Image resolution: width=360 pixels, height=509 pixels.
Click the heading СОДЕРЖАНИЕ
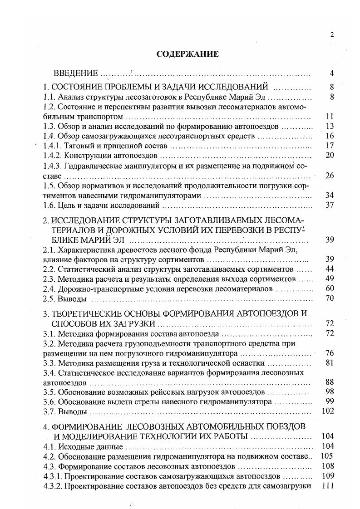187,54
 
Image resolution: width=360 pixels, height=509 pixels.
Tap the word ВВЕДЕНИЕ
76,73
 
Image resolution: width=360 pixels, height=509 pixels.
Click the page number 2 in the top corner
332,34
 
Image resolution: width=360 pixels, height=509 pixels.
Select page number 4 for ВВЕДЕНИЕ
332,73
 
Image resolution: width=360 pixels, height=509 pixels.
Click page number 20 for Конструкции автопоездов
330,156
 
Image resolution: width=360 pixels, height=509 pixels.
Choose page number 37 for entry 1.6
330,206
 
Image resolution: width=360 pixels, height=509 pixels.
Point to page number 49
330,279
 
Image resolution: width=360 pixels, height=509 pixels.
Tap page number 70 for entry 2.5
330,299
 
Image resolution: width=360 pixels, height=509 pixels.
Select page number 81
330,362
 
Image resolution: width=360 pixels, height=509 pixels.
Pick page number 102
328,411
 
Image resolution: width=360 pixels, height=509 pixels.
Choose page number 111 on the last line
328,486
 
